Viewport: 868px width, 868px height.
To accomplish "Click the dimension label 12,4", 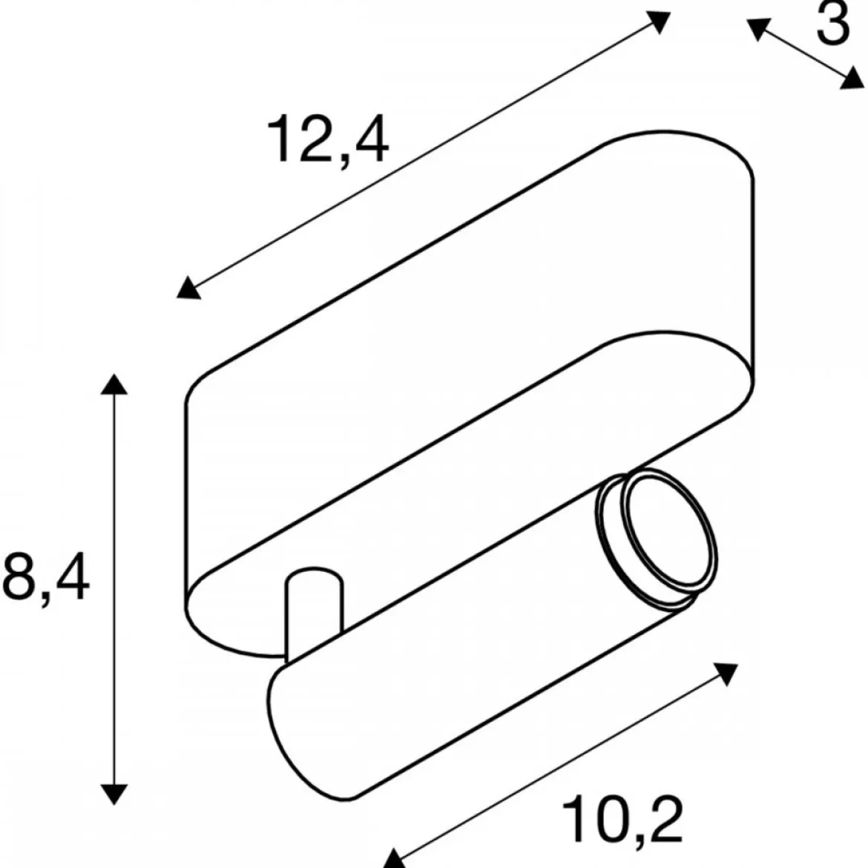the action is [328, 139].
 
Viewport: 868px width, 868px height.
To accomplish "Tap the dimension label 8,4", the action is [45, 576].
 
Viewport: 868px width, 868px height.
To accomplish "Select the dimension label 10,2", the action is [622, 820].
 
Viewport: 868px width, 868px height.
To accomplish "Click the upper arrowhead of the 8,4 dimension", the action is [114, 384].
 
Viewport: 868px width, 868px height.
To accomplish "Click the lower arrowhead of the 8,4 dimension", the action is [114, 794].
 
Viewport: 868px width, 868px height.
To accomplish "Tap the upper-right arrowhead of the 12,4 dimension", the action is [658, 21].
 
